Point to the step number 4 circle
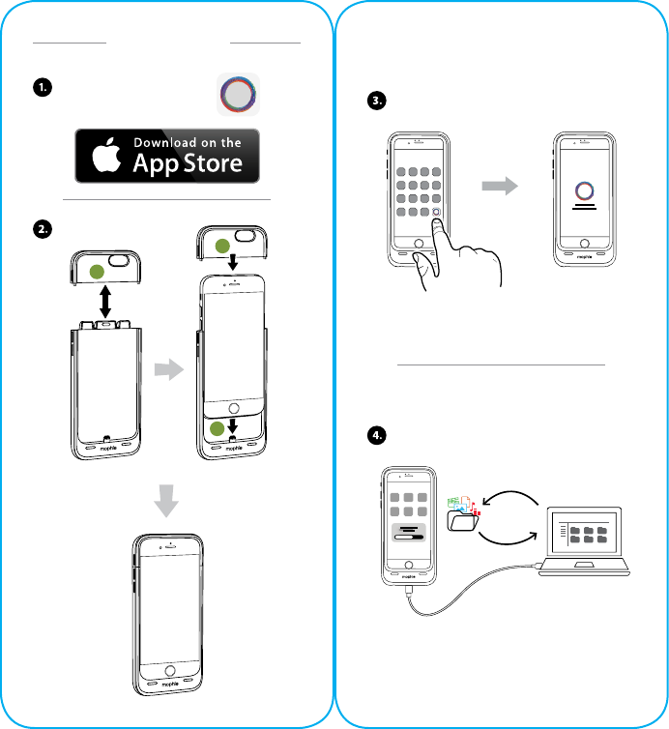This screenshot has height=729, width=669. (x=378, y=434)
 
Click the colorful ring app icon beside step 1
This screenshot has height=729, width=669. (x=238, y=96)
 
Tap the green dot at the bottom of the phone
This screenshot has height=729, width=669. (x=219, y=430)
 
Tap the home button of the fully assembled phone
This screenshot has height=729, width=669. (x=171, y=670)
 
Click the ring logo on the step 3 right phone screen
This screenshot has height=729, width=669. (x=586, y=189)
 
